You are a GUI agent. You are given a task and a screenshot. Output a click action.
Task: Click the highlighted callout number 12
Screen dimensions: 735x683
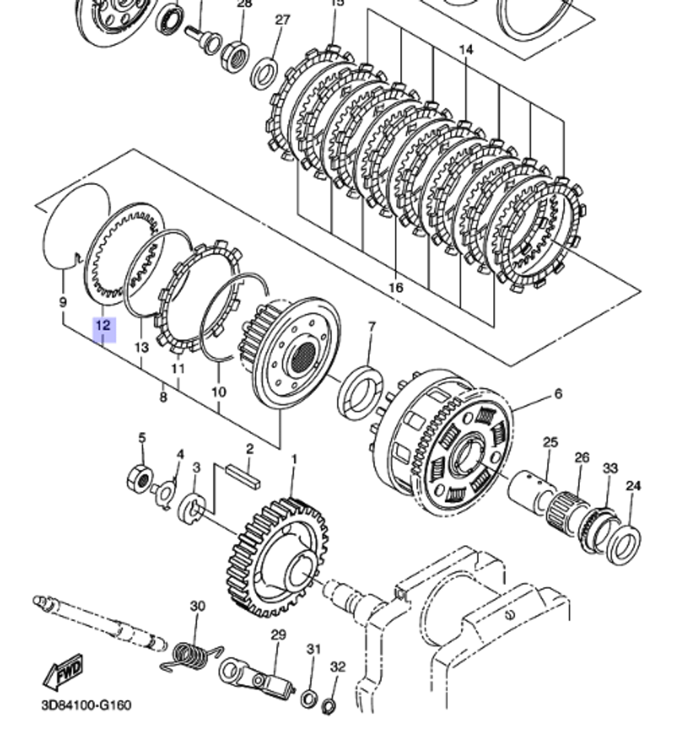pyautogui.click(x=102, y=326)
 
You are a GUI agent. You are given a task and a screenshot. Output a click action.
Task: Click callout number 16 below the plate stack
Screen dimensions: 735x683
pyautogui.click(x=395, y=287)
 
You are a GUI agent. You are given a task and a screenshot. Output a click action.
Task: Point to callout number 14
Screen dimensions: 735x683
pyautogui.click(x=466, y=50)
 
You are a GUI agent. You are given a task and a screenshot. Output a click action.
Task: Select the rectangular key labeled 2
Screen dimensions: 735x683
pyautogui.click(x=244, y=476)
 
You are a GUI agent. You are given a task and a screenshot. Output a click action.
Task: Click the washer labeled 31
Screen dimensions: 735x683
pyautogui.click(x=308, y=697)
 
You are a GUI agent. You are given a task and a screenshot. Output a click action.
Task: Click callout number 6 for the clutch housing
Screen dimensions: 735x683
pyautogui.click(x=558, y=394)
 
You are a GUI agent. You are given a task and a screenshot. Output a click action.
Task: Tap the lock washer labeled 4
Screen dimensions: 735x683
pyautogui.click(x=165, y=493)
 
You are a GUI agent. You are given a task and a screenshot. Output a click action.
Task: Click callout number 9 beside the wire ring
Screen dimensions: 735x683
pyautogui.click(x=63, y=300)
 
